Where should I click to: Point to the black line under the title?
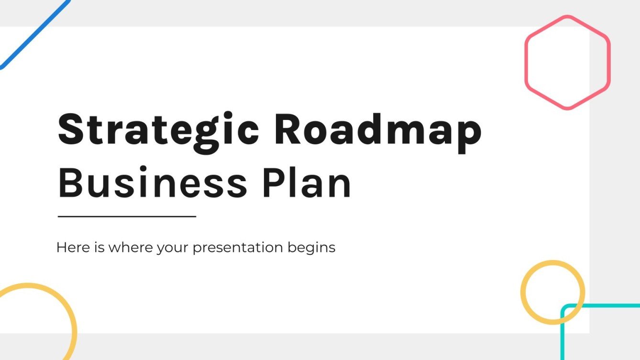[127, 217]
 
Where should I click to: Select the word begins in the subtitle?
[311, 248]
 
